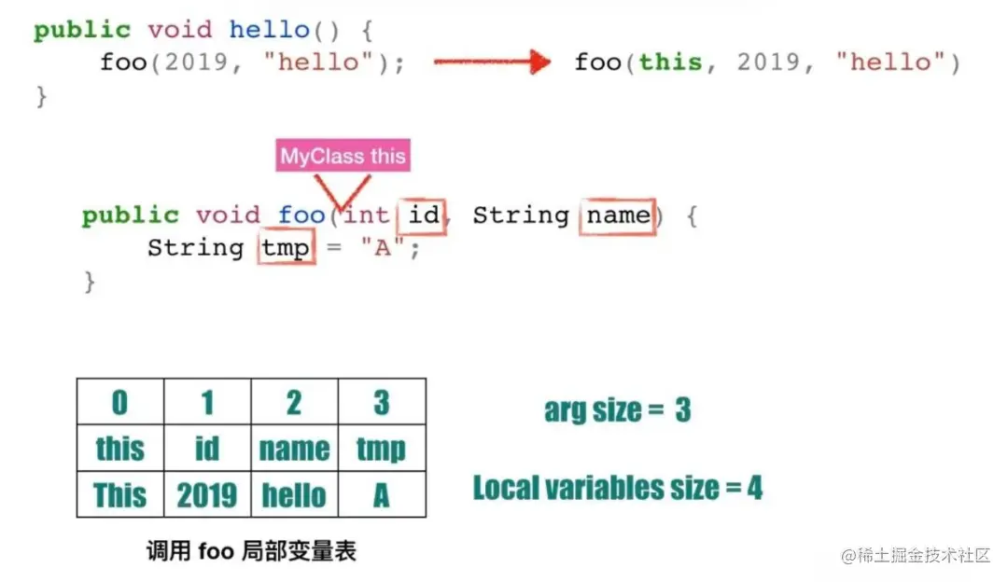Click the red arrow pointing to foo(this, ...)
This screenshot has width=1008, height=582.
click(x=492, y=63)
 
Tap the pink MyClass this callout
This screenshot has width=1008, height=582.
click(x=343, y=156)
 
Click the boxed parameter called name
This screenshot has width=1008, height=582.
click(x=617, y=216)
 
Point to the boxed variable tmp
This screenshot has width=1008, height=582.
click(x=286, y=249)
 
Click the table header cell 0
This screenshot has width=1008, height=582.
click(x=119, y=402)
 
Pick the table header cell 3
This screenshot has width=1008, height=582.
click(x=381, y=402)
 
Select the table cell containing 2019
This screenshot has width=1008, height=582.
click(x=206, y=494)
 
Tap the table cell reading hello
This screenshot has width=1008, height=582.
click(x=294, y=494)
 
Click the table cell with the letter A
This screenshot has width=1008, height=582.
click(x=381, y=494)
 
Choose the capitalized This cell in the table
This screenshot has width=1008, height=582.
click(x=119, y=494)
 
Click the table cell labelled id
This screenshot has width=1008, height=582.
click(x=206, y=449)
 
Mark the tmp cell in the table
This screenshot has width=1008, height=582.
click(x=381, y=449)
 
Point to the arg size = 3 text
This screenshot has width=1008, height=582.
click(x=617, y=410)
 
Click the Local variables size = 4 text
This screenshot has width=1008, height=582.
click(x=617, y=487)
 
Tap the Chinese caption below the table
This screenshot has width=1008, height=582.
click(x=251, y=550)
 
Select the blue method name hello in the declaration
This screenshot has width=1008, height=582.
click(x=270, y=30)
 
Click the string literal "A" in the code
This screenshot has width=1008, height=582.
click(x=384, y=249)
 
